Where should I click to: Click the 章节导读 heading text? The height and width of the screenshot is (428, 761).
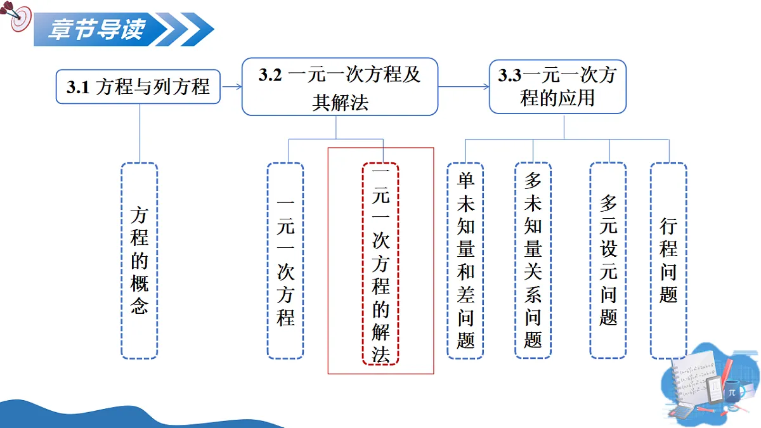coord(97,29)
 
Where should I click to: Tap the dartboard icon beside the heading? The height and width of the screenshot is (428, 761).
coord(18,16)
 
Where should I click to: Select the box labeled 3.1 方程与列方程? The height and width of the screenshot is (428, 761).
coord(138,87)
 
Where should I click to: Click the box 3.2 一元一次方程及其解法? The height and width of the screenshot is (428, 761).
coord(340,87)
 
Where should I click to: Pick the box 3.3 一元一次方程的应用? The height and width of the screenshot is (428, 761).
coord(557,87)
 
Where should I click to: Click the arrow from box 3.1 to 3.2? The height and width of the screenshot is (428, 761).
coord(231,87)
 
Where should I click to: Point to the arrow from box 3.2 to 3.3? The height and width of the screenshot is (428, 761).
coord(464,87)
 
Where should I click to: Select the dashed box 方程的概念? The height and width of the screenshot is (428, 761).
coord(140,261)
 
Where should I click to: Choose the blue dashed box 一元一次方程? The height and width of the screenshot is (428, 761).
coord(285,261)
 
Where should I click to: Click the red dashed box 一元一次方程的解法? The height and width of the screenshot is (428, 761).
coord(380,264)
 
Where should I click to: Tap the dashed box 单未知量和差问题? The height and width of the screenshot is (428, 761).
coord(465,261)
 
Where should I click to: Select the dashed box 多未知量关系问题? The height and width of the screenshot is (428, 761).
coord(533,261)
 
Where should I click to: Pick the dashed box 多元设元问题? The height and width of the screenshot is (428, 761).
coord(608,261)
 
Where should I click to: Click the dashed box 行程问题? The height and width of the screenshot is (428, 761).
coord(668,261)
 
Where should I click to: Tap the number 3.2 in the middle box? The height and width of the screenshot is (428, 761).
coord(270,75)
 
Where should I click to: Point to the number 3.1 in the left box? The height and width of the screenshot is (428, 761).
coord(78,88)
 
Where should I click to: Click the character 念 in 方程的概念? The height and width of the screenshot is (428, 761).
coord(140,306)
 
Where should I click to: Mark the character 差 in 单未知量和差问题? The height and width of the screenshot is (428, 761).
coord(465,294)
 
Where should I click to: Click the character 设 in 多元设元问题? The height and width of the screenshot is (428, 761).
coord(608,249)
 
